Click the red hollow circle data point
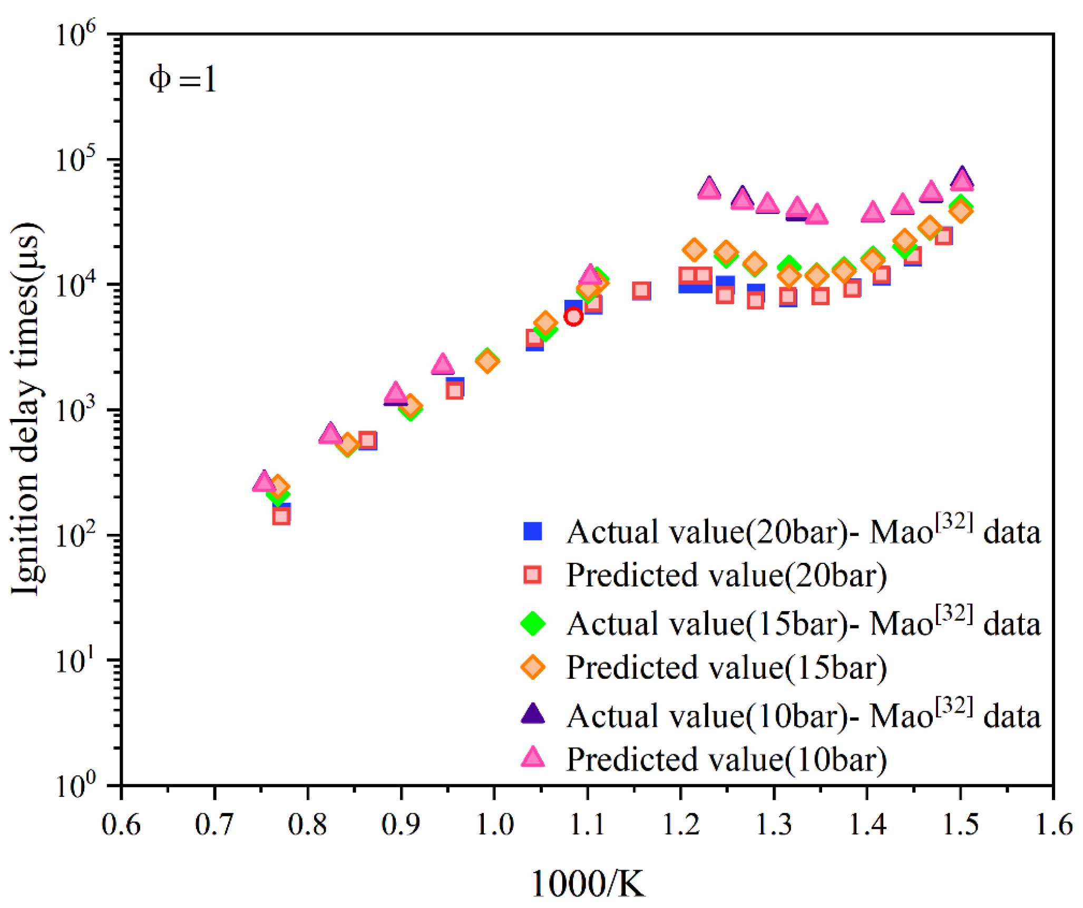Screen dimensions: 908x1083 tap(573, 317)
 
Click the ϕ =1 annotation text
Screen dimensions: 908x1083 tap(182, 80)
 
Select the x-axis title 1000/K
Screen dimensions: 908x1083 tap(587, 883)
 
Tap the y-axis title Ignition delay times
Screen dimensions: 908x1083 tap(26, 408)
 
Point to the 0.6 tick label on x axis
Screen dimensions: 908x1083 tap(121, 825)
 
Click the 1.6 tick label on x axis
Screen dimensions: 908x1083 tap(1053, 825)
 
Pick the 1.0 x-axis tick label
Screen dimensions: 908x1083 tap(494, 825)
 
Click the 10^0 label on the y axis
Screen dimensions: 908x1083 tap(76, 786)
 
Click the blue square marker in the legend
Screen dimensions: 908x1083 tap(533, 531)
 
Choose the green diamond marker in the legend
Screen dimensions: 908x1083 tap(533, 623)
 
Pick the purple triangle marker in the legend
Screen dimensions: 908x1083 tap(533, 714)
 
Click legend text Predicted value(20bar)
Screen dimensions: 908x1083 tap(726, 575)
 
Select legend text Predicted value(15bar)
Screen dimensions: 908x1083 tap(726, 668)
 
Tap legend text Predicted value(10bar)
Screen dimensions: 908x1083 tap(726, 759)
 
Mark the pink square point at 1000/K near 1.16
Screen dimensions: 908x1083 tap(641, 290)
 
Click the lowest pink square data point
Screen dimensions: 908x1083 tap(281, 516)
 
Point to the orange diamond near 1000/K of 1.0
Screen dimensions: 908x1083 tap(487, 361)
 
